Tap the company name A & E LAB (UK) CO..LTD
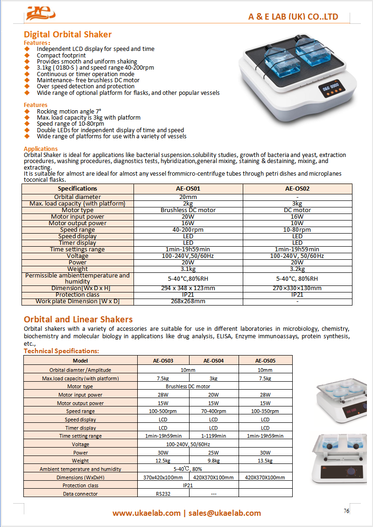(x=293, y=17)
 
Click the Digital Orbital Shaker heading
(x=68, y=35)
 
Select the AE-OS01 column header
(x=188, y=189)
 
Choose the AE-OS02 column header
(x=297, y=189)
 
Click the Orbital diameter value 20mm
(x=188, y=197)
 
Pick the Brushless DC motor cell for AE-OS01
(x=188, y=210)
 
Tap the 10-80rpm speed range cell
(x=297, y=230)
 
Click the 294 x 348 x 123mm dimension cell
(x=188, y=288)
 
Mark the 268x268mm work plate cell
(x=188, y=301)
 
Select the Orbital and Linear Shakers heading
(x=78, y=320)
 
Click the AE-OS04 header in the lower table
(x=213, y=361)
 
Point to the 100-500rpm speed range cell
(x=163, y=411)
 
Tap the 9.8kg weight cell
(x=213, y=461)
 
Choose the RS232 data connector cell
(x=163, y=494)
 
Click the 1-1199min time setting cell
(x=213, y=436)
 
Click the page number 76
(x=346, y=511)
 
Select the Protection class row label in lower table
(x=80, y=485)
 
